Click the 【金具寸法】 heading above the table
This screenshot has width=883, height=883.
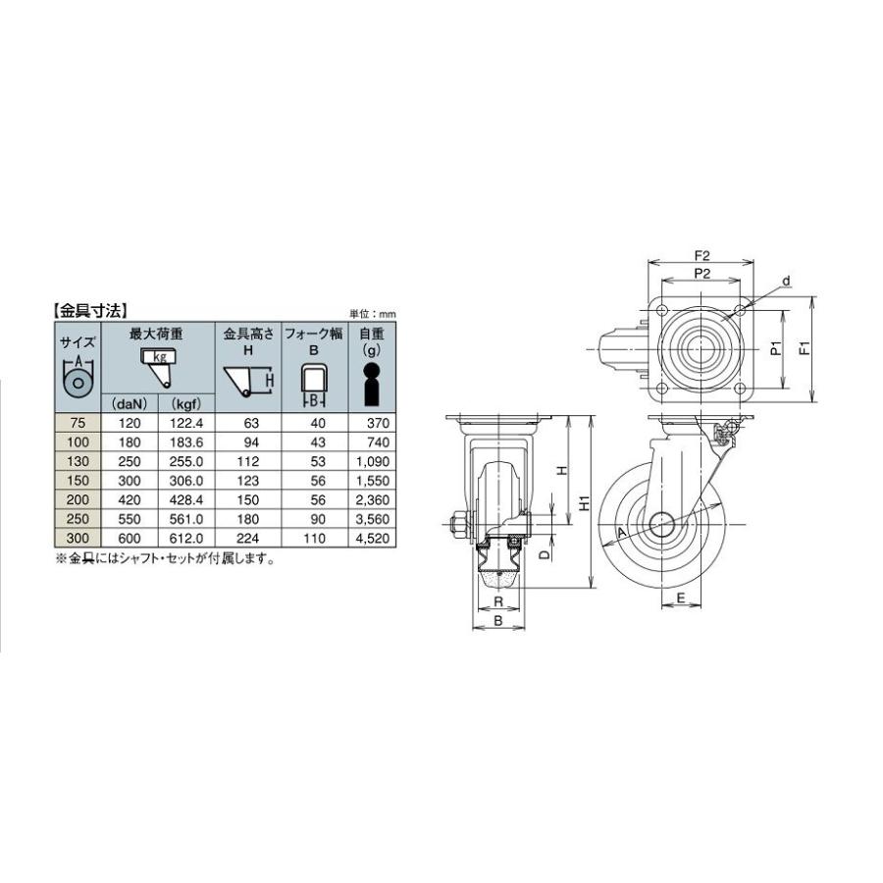(x=90, y=310)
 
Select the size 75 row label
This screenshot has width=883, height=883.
(x=78, y=423)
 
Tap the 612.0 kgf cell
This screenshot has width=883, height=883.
(x=185, y=539)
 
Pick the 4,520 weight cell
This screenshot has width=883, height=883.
(x=372, y=539)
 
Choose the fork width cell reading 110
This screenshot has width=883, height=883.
(x=314, y=539)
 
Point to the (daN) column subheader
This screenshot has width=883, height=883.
(x=130, y=404)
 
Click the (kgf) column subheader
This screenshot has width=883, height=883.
(x=185, y=404)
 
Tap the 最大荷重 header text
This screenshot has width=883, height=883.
(x=156, y=334)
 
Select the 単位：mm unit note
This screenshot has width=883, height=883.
(x=373, y=314)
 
